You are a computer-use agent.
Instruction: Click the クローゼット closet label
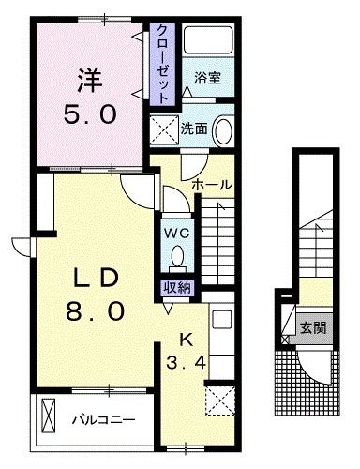click(x=162, y=63)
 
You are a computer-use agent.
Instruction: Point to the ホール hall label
click(x=211, y=185)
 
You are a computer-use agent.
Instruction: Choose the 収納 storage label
click(x=175, y=288)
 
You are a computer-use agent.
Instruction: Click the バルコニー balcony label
click(x=103, y=418)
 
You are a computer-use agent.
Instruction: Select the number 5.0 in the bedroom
click(x=90, y=114)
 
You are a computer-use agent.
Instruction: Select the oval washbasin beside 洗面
click(x=223, y=131)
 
